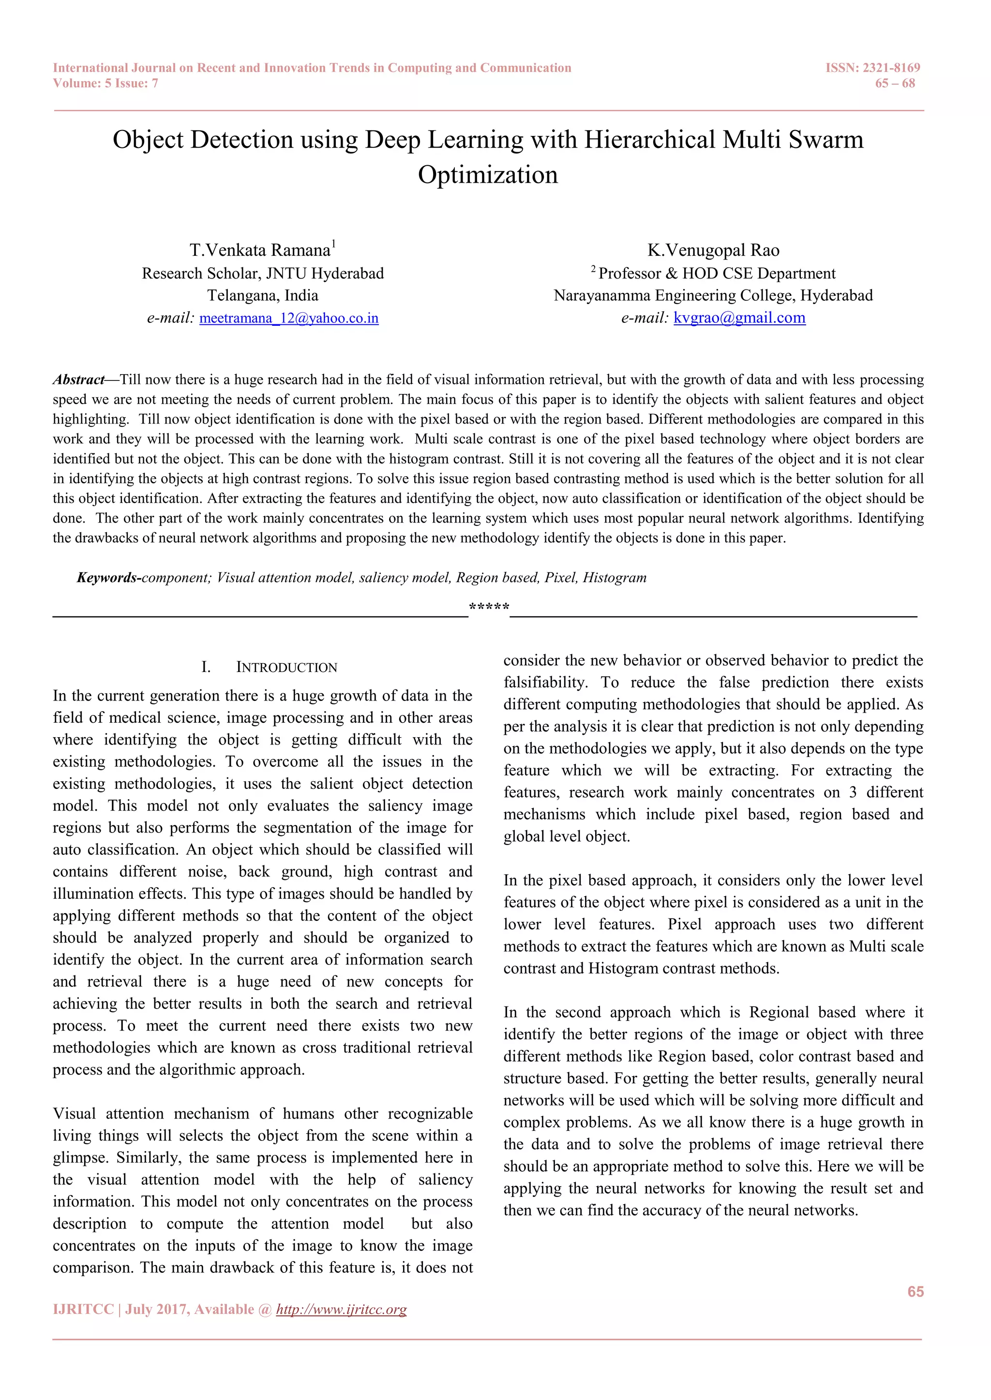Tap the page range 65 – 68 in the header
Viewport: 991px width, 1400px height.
[x=895, y=84]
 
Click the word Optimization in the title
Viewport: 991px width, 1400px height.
[x=488, y=175]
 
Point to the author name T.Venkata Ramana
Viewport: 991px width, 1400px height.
[x=259, y=250]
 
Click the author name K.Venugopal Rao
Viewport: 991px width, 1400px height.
[x=713, y=250]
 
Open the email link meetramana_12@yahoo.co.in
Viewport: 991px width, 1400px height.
[x=288, y=318]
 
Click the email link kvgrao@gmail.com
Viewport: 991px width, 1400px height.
[x=739, y=318]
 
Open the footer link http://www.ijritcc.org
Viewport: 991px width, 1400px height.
[x=341, y=1309]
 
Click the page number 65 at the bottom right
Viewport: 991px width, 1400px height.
[x=916, y=1291]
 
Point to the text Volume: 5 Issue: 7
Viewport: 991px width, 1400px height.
[x=105, y=84]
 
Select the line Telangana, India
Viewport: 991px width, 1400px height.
[x=262, y=296]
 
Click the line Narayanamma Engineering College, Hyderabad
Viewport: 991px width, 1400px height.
[x=713, y=296]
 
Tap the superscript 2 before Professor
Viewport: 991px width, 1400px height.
[x=593, y=268]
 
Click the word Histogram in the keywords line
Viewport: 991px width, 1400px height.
[x=615, y=577]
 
